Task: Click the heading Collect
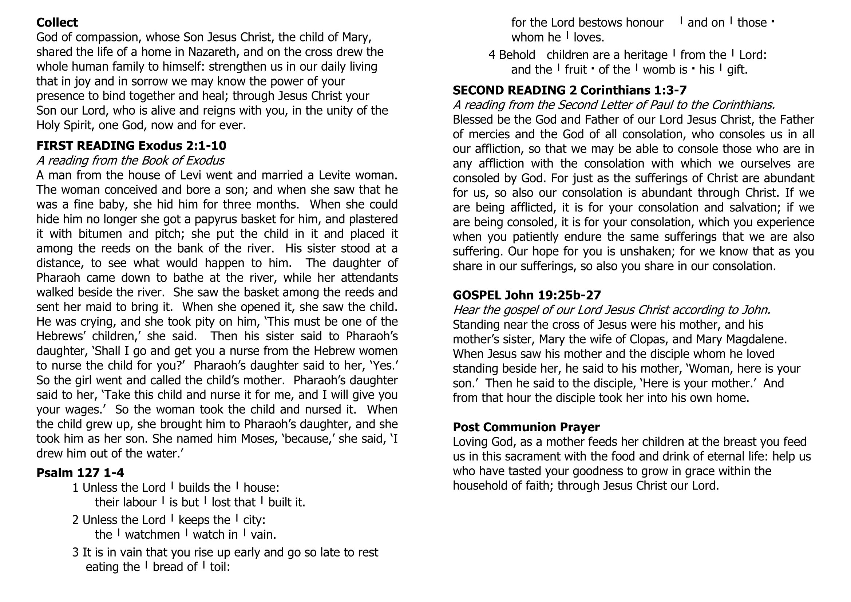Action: click(x=57, y=23)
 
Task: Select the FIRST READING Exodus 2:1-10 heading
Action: click(x=131, y=146)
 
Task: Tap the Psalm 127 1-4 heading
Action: click(x=80, y=473)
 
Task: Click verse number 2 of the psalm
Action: click(x=76, y=520)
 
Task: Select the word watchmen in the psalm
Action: click(x=153, y=535)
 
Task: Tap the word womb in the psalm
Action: click(x=660, y=70)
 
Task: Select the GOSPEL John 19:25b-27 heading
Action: click(x=527, y=295)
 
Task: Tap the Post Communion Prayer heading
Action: click(x=526, y=427)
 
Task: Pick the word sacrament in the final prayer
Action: click(x=544, y=457)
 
